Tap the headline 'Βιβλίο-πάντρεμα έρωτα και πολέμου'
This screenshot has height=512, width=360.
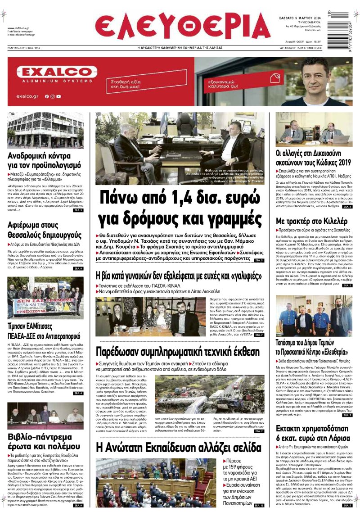click(x=45, y=442)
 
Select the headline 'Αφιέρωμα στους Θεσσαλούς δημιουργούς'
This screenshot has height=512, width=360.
click(x=45, y=230)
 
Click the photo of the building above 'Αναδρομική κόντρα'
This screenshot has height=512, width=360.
click(x=45, y=130)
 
